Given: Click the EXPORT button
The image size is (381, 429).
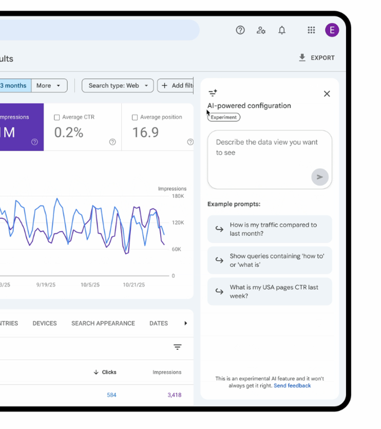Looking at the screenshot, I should (317, 58).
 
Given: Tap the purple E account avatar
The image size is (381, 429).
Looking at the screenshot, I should (332, 30).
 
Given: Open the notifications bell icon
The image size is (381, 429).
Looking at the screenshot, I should (282, 30).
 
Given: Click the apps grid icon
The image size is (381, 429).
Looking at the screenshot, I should (311, 30).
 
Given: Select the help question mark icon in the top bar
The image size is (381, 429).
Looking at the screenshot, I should (240, 30).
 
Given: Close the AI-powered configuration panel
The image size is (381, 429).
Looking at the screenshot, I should (327, 94).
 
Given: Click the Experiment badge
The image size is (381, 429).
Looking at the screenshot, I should (224, 117).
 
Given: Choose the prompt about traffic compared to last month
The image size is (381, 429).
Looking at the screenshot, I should (270, 229).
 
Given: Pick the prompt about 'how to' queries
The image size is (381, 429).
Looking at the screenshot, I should (270, 260).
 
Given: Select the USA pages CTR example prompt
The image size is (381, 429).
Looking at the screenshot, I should (270, 291).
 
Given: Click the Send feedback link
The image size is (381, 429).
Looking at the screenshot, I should (292, 385).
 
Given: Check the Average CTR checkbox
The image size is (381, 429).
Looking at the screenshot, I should (57, 117).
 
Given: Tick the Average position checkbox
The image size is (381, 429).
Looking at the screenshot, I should (135, 117).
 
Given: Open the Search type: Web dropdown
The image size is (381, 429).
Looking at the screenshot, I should (118, 86).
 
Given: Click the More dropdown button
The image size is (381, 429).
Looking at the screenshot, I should (49, 86).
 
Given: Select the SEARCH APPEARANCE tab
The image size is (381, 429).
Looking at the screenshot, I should (103, 323).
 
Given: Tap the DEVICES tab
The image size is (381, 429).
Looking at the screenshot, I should (45, 323).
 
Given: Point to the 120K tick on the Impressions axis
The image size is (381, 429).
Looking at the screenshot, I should (178, 222).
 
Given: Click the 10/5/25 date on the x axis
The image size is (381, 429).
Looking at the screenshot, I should (90, 284).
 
